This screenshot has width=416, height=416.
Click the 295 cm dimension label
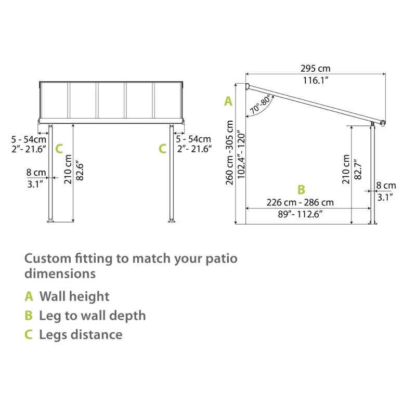tap(315, 68)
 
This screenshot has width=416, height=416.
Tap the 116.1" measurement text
tap(315, 81)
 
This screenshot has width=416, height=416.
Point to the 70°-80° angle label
tap(261, 105)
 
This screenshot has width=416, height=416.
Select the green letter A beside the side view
tap(228, 101)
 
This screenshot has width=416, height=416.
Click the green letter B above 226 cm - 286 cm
tap(301, 190)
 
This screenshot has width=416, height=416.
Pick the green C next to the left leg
tap(59, 149)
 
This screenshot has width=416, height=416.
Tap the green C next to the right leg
tap(163, 149)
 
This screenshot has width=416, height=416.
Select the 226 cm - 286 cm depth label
tap(300, 202)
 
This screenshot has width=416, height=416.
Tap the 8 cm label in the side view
tap(386, 185)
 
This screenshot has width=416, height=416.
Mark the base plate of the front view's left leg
tap(50, 223)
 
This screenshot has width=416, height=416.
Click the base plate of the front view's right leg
tap(171, 223)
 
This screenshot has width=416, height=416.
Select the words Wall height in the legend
tap(74, 296)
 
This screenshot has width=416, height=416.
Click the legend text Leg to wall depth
tap(93, 316)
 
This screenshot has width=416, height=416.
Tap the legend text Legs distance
tap(81, 334)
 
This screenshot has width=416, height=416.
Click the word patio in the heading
tap(222, 258)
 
